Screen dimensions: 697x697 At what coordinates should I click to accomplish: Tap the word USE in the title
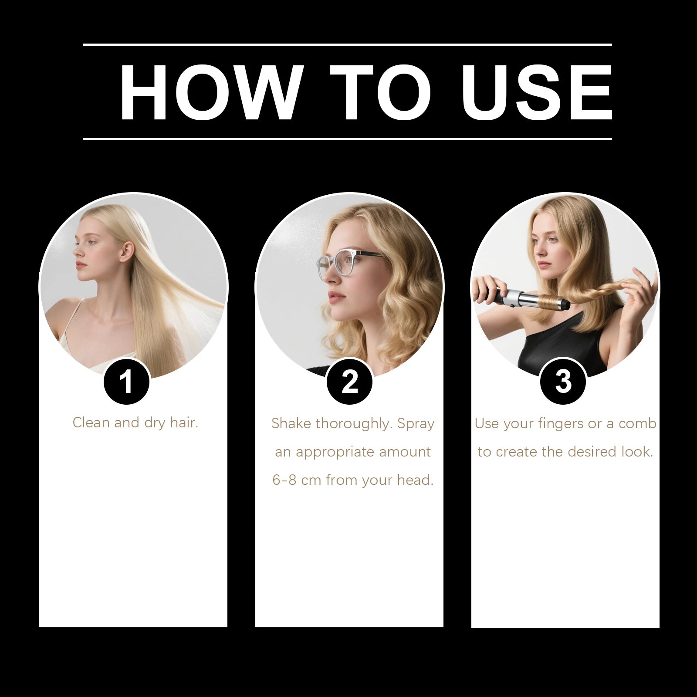point(537,92)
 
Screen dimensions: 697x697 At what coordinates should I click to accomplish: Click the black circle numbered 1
point(126,382)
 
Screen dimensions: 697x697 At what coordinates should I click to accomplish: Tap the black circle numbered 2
point(349,382)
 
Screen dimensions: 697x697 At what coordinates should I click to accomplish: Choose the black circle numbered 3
point(563,381)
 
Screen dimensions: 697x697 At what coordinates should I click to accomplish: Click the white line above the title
point(347,44)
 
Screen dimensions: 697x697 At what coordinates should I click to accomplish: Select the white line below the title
point(347,139)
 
